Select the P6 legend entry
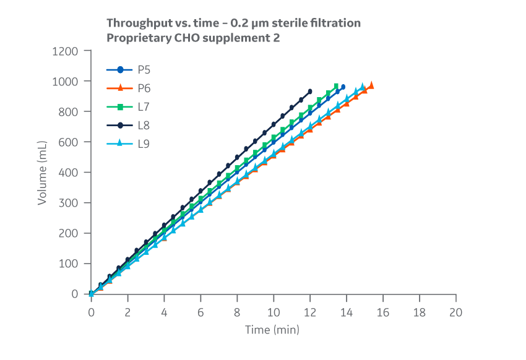(x=131, y=88)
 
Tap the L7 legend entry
(x=131, y=107)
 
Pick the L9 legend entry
(x=131, y=144)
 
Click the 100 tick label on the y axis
(x=69, y=264)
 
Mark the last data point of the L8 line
(x=310, y=92)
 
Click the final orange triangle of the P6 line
(x=371, y=85)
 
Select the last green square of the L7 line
(x=337, y=87)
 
